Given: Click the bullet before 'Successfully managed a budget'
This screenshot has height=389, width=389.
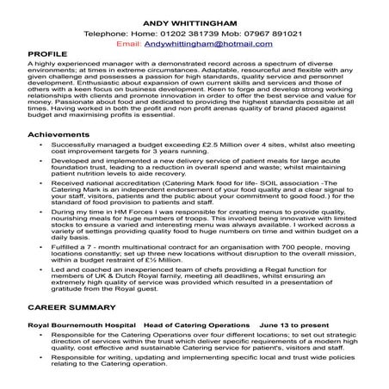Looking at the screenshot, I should tap(42, 148).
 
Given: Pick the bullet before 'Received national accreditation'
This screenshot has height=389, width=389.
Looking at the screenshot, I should tap(42, 183).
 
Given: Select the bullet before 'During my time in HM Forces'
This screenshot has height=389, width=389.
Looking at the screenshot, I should tap(42, 211).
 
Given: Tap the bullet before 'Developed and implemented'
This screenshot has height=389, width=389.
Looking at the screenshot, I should tap(42, 162).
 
